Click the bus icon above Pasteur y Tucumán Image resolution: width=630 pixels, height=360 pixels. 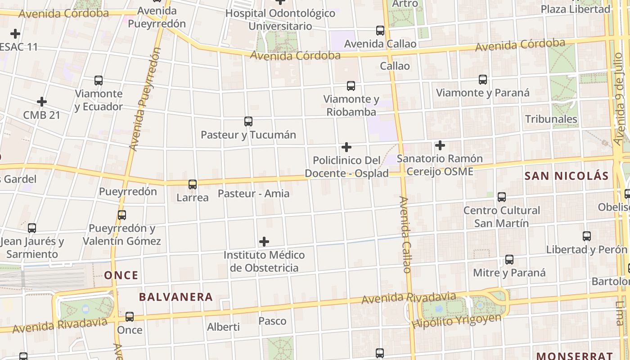(x=248, y=121)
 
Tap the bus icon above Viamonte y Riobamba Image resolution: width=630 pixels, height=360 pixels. (x=351, y=85)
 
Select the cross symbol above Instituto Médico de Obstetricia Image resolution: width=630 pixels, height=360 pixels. (x=264, y=242)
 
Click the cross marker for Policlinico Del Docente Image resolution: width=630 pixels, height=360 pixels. (x=346, y=147)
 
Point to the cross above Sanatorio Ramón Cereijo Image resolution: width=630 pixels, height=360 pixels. (x=440, y=145)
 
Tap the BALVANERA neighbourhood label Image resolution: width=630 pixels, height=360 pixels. (x=175, y=297)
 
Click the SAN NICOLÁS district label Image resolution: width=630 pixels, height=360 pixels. (x=567, y=176)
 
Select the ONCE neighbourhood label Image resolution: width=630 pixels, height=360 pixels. (x=121, y=275)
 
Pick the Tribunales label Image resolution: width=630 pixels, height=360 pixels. (x=551, y=119)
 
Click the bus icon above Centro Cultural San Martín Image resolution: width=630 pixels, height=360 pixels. (x=502, y=197)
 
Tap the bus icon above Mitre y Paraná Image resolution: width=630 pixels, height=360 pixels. (x=509, y=259)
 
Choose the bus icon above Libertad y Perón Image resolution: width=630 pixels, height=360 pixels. (x=587, y=236)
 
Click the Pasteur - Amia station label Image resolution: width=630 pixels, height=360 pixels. (x=253, y=194)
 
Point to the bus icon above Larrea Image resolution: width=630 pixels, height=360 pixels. (x=193, y=184)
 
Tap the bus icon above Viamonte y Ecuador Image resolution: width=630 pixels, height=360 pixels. (x=99, y=81)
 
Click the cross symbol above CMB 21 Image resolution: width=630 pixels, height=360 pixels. (x=42, y=102)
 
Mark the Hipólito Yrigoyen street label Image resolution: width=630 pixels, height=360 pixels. (x=456, y=321)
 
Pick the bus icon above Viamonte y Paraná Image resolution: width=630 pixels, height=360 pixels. (x=483, y=80)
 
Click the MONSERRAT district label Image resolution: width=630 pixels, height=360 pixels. (x=575, y=355)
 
